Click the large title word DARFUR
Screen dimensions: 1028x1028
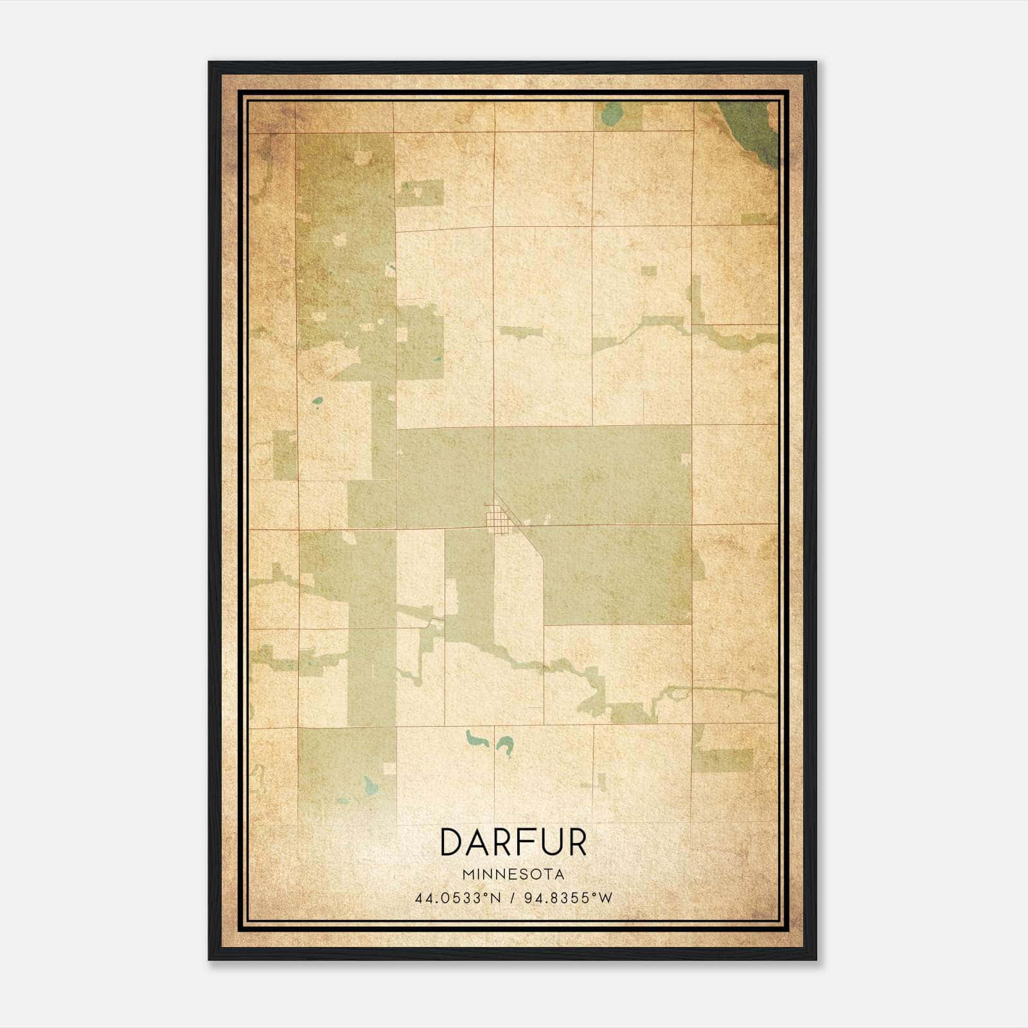pyautogui.click(x=513, y=842)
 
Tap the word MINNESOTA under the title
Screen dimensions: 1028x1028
pyautogui.click(x=513, y=874)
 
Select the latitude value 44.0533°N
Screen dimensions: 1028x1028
pyautogui.click(x=457, y=898)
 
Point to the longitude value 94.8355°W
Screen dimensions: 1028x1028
pyautogui.click(x=569, y=898)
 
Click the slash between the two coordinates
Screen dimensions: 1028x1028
pyautogui.click(x=513, y=898)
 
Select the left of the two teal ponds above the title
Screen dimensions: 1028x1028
pyautogui.click(x=476, y=740)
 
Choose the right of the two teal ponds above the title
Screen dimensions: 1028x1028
pyautogui.click(x=504, y=746)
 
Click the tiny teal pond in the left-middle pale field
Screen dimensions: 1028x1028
pyautogui.click(x=317, y=402)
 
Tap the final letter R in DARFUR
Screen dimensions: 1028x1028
pyautogui.click(x=577, y=842)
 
